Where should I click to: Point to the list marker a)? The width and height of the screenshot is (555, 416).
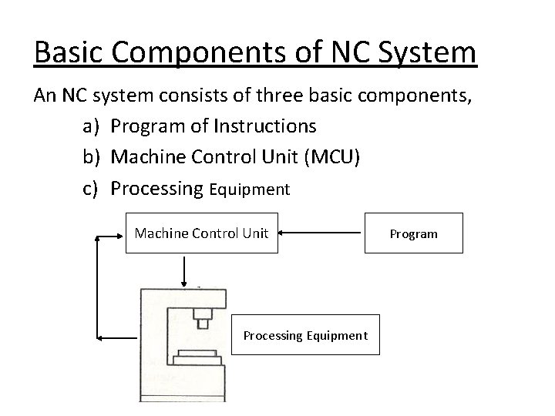[x=92, y=126]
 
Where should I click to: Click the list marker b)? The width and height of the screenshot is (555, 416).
[x=92, y=157]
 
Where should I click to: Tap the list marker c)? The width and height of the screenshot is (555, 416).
[x=92, y=188]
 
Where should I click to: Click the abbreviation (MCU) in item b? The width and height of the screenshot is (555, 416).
[x=331, y=157]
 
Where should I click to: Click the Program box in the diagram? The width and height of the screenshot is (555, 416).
[x=413, y=233]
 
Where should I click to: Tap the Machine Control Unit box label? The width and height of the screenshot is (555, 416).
[x=201, y=232]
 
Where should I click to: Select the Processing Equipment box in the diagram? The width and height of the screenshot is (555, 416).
[x=305, y=335]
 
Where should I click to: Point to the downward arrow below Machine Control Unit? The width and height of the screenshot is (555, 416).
[x=183, y=270]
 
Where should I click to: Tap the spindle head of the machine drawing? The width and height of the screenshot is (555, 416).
[x=203, y=316]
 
